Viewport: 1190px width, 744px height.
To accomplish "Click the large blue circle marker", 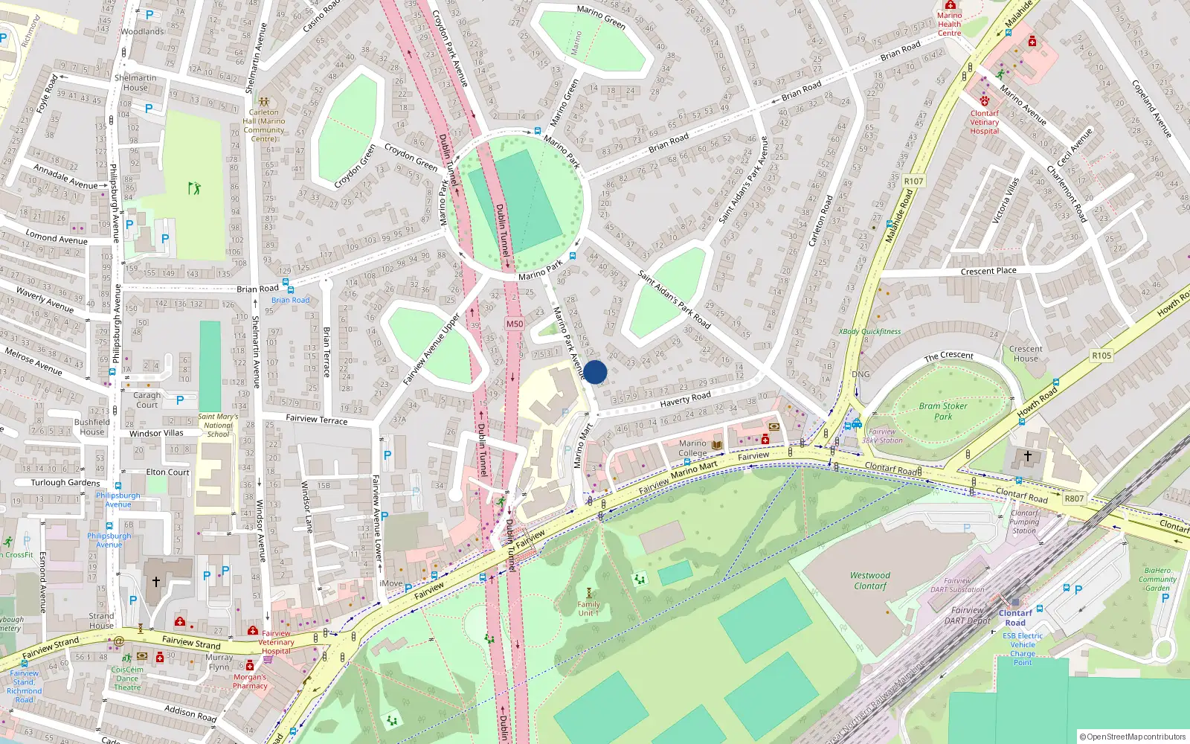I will [x=595, y=372].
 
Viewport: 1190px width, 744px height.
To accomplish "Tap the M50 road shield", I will [x=515, y=324].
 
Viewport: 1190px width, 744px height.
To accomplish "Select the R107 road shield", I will [x=913, y=181].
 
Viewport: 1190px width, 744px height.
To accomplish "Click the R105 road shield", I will [x=1101, y=356].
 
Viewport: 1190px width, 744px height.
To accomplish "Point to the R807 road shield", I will [x=1074, y=498].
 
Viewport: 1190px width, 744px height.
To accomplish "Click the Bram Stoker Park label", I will [x=943, y=411].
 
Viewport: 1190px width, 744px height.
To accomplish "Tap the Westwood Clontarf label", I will [x=870, y=580].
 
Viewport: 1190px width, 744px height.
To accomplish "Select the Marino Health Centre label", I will [x=949, y=24].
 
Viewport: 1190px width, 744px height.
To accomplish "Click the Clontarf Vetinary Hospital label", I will [x=984, y=122].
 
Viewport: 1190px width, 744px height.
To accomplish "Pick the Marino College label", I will [x=692, y=448].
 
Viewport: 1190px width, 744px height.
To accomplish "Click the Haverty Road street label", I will [x=685, y=400].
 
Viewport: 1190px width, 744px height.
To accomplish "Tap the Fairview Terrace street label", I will [x=317, y=419].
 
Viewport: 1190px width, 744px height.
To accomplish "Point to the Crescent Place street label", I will [x=988, y=271].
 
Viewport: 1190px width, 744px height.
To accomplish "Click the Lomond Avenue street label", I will [x=57, y=238].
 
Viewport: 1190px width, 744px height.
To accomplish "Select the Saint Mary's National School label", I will [x=218, y=426].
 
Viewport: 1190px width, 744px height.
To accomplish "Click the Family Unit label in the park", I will [x=588, y=609].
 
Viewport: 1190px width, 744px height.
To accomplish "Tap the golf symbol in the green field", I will [x=194, y=188].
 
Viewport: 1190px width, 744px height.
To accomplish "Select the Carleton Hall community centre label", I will [x=264, y=125].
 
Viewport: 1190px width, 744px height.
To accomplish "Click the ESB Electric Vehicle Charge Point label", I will [x=1023, y=649].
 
